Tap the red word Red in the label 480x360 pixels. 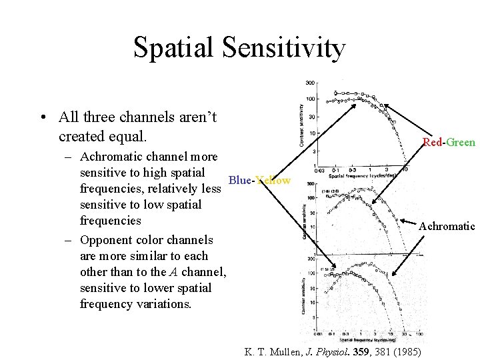[x=433, y=142]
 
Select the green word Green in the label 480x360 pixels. [x=461, y=142]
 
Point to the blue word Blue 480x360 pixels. [x=239, y=180]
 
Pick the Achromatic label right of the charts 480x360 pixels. [x=447, y=226]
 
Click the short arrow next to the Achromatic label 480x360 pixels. [x=408, y=221]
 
